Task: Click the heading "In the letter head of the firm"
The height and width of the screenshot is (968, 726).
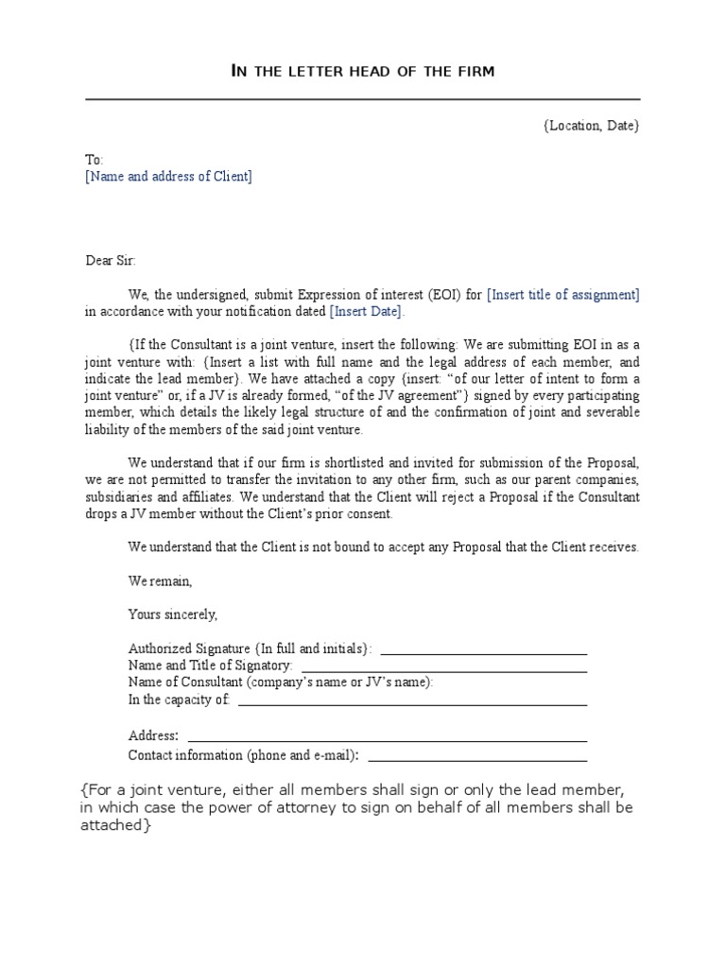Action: coord(362,71)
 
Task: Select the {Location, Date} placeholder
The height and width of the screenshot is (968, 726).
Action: coord(592,125)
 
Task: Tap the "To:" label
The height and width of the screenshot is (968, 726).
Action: coord(95,160)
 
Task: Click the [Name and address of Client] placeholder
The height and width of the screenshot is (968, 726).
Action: coord(169,177)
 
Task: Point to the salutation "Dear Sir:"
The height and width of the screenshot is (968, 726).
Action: coord(111,259)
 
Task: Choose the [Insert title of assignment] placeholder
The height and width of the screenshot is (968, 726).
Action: coord(563,294)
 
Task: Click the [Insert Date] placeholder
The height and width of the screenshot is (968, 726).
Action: coord(366,311)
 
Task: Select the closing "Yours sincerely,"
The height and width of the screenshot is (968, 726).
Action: coord(173,614)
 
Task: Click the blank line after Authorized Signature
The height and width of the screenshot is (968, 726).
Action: coord(483,653)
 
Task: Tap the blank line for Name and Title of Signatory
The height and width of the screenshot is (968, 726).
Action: coord(443,670)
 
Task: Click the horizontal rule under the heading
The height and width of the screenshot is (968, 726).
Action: coord(362,99)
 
